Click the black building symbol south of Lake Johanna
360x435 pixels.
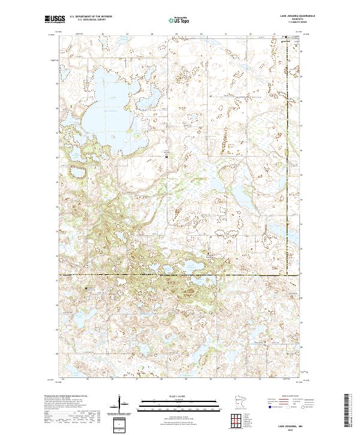coord(167,157)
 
